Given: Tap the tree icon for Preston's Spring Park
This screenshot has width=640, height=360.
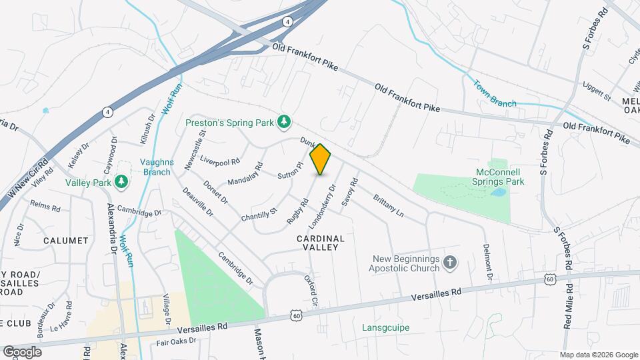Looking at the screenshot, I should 285,121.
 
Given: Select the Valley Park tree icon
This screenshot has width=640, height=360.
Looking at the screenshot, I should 121,181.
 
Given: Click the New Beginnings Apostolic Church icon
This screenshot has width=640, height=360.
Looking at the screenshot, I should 450,263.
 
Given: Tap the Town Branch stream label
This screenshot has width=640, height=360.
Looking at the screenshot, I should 495,94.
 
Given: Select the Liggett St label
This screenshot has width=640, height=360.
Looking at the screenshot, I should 596,92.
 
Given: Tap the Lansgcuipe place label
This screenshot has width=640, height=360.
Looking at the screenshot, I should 386,327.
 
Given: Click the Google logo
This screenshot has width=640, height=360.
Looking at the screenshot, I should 21,352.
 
